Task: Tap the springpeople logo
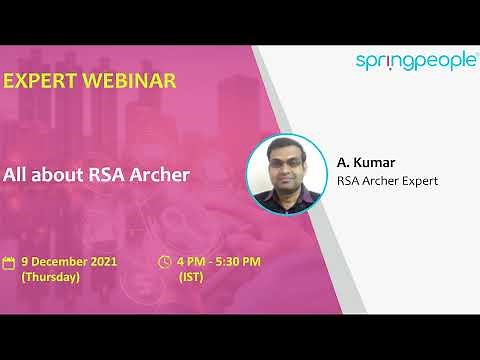click(416, 62)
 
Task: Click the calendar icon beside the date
click(9, 263)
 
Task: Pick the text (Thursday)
click(50, 277)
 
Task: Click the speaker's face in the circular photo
click(289, 165)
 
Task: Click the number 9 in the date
click(25, 262)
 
